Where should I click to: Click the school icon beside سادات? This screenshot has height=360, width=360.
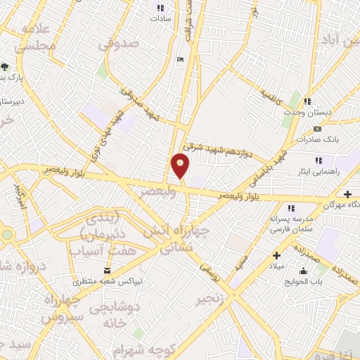tap(157, 8)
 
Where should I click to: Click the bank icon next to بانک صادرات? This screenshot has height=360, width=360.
tap(317, 129)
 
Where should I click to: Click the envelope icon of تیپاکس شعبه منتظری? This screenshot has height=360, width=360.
tap(106, 270)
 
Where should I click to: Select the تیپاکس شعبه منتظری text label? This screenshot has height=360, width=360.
tap(113, 281)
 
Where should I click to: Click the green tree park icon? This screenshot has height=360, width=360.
tap(6, 67)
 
